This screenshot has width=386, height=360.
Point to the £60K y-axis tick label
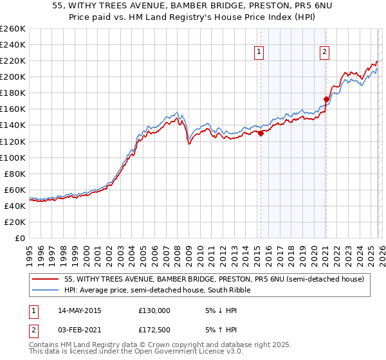tap(14, 190)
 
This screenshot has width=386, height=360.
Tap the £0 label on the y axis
tap(20, 238)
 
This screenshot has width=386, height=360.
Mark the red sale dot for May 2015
tap(261, 134)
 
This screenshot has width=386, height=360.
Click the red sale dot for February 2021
tap(326, 99)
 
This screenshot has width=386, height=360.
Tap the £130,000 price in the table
tap(154, 310)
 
